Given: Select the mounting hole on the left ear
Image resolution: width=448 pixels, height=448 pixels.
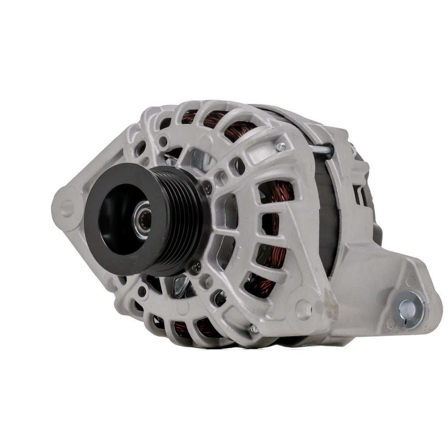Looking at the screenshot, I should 67,208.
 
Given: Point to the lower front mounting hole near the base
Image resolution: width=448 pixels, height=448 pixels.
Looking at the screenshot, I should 303,310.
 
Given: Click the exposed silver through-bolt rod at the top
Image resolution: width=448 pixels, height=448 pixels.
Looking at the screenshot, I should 322,150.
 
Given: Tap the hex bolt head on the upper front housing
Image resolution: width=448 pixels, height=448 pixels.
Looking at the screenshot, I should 281,147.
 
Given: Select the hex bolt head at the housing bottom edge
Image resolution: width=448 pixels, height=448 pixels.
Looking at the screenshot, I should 253,329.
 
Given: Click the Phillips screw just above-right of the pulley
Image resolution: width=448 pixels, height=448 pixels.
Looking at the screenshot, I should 208,189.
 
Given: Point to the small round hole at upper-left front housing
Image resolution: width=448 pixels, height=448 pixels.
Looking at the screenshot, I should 163,141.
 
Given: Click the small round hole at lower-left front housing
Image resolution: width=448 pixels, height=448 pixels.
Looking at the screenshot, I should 142,290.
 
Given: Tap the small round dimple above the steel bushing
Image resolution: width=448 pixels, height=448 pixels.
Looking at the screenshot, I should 410,280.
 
